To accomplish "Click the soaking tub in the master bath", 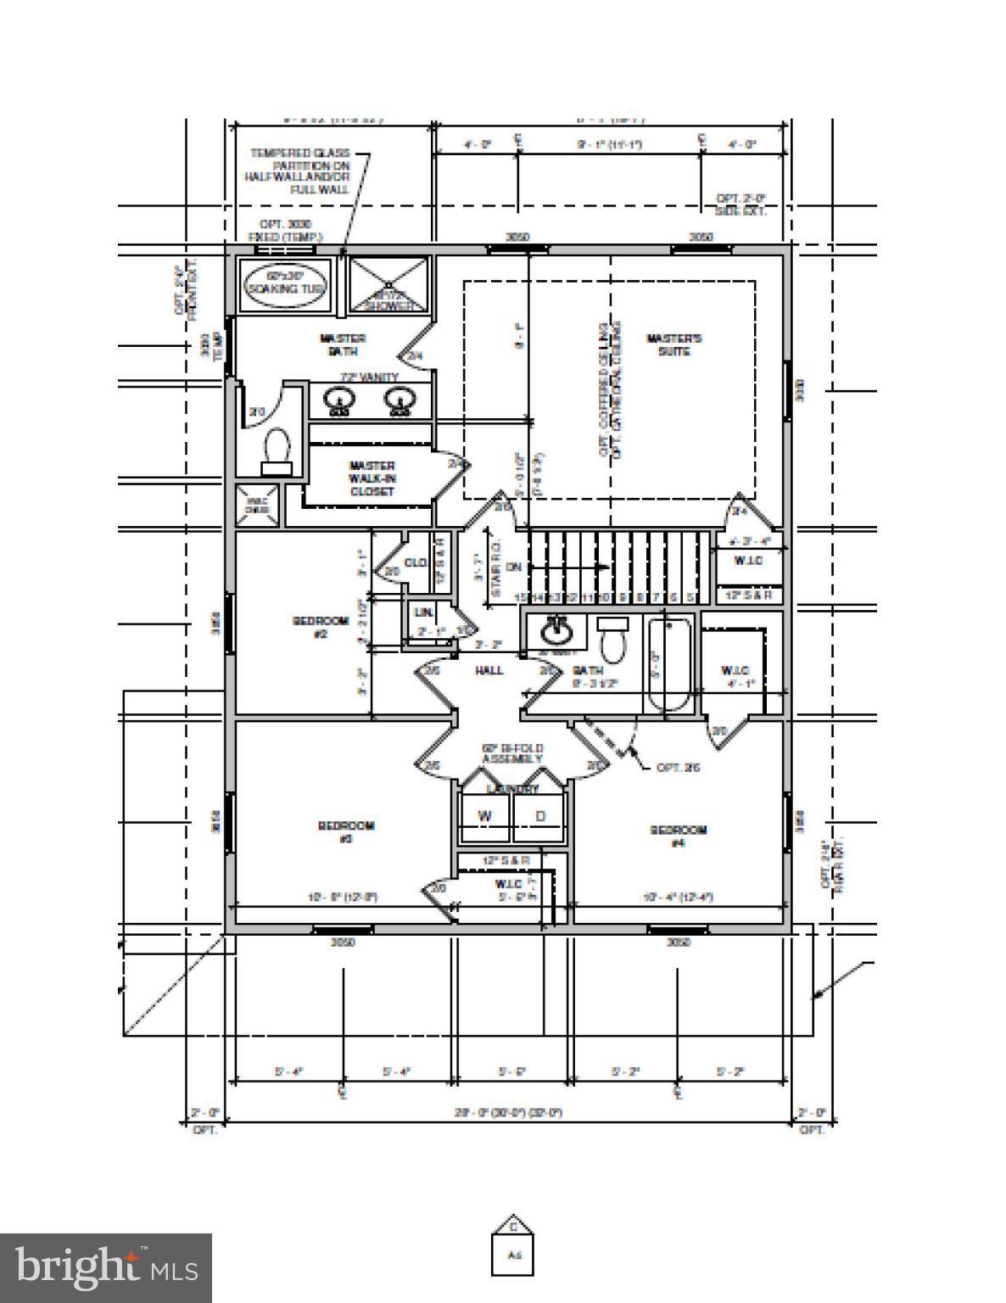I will (283, 283).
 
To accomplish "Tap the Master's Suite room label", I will (674, 344).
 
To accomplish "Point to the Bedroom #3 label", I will (345, 831).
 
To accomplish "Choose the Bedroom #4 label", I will (678, 836).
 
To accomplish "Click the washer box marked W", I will (485, 817).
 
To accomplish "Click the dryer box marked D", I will (540, 817).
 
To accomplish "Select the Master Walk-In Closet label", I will (372, 478).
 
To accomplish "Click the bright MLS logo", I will (106, 1267).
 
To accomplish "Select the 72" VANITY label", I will (369, 377).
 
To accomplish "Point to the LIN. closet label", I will (422, 612).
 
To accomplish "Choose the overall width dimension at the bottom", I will (508, 1112).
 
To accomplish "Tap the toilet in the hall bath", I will (611, 640).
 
